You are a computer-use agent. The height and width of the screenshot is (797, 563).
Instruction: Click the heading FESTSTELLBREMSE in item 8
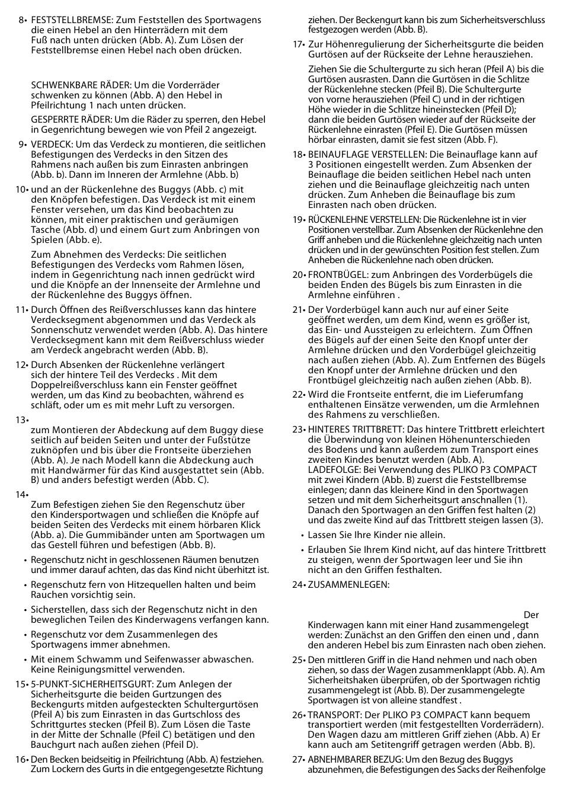tap(69, 20)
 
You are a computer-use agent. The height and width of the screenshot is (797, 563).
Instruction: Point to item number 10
tap(21, 190)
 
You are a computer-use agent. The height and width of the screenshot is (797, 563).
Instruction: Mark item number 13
tap(21, 420)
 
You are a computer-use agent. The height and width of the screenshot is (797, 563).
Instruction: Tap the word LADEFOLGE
tap(330, 470)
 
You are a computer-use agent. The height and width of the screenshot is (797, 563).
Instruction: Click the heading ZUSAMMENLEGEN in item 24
tap(348, 584)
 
